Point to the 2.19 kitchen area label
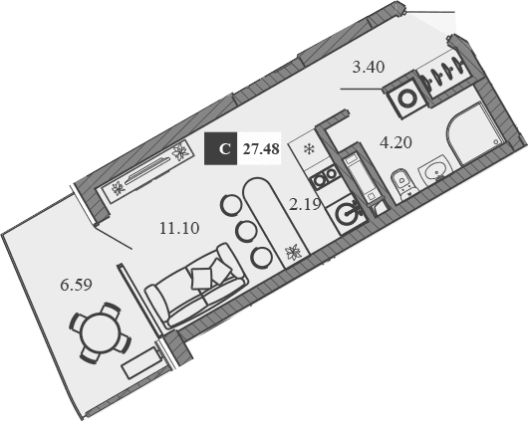click(x=303, y=205)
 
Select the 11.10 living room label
click(x=179, y=227)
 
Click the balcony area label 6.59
click(x=76, y=286)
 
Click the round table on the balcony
click(x=98, y=328)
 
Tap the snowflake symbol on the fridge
click(x=308, y=150)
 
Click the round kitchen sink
click(x=347, y=213)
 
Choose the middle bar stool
click(x=244, y=231)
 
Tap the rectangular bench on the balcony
click(x=139, y=364)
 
